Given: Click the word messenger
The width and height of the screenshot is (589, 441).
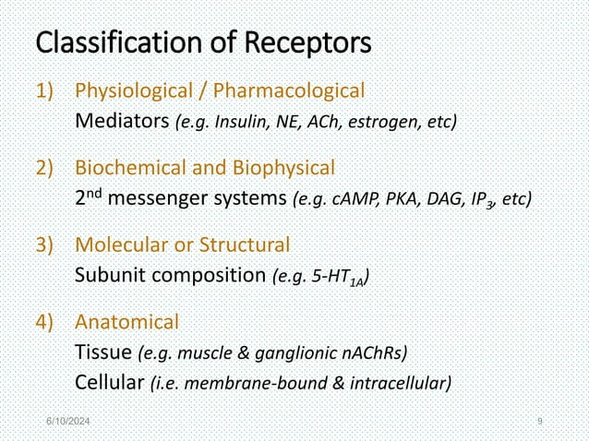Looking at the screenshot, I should click(x=177, y=198).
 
